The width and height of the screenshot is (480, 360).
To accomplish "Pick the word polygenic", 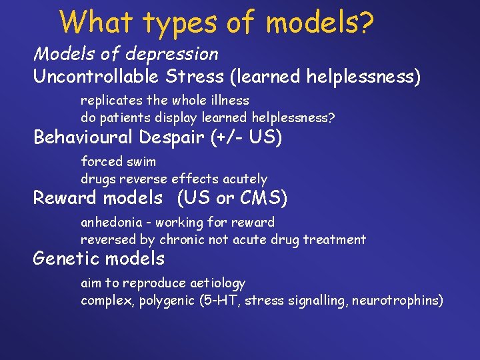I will click(165, 301).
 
